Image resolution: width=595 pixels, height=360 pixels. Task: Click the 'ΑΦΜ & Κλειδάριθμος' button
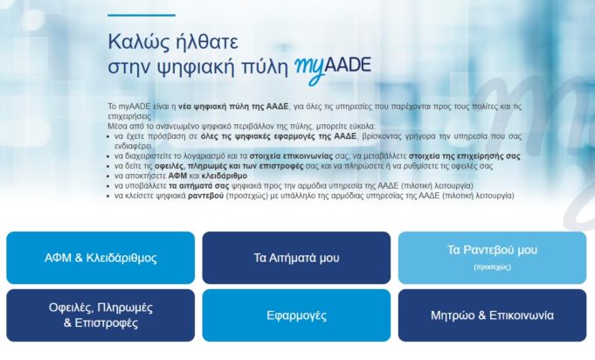click(x=100, y=258)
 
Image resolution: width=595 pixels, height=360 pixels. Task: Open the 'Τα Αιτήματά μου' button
click(x=296, y=258)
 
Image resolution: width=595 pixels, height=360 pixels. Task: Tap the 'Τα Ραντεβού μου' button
click(x=492, y=251)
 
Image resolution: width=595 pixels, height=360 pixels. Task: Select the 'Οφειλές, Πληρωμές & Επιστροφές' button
click(x=100, y=315)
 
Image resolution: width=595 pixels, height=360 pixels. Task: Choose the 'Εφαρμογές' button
click(x=296, y=315)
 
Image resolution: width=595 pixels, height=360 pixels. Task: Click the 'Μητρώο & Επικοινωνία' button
click(x=492, y=315)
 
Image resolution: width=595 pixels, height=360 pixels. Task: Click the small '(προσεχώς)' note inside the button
click(x=492, y=266)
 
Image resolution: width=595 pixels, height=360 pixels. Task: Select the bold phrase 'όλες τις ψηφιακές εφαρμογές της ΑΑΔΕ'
click(x=264, y=137)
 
